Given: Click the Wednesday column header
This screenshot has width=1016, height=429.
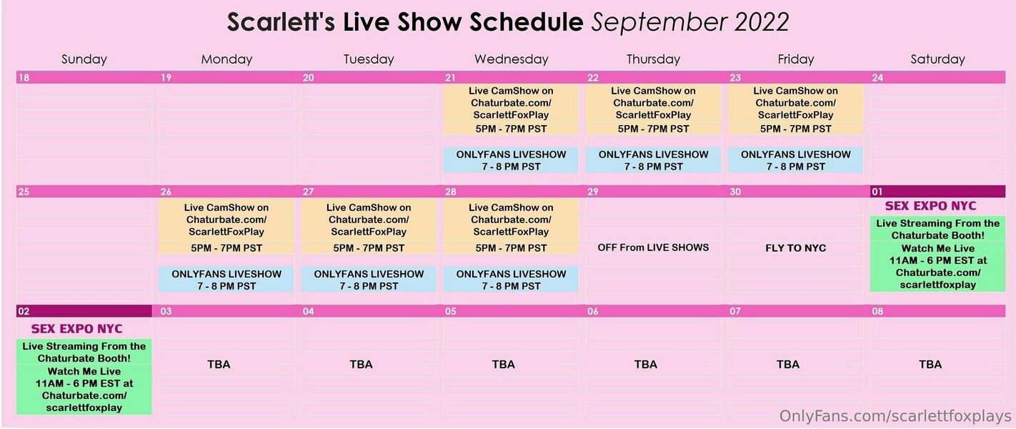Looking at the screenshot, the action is (x=511, y=59).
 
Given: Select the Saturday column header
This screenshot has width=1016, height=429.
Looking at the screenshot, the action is (x=937, y=59).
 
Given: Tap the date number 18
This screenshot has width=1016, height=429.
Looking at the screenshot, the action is (x=24, y=78).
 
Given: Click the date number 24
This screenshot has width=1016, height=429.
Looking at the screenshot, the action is (x=877, y=78).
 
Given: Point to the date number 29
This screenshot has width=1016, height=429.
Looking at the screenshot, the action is (x=593, y=192).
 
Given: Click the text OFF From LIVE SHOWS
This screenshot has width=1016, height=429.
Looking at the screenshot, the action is (x=653, y=247).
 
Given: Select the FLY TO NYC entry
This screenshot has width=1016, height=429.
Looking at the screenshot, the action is (x=795, y=248).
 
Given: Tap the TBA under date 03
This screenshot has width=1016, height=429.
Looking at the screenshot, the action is (x=219, y=365).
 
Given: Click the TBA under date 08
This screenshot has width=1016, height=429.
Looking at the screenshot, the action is (x=930, y=365).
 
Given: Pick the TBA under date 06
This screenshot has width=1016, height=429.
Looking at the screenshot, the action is (x=645, y=365).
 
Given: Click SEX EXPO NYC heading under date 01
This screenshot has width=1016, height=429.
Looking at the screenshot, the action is (x=930, y=206).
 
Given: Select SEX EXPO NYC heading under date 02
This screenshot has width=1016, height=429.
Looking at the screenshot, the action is (x=76, y=329).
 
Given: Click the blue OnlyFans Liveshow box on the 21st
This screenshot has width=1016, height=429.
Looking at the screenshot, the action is (x=511, y=159).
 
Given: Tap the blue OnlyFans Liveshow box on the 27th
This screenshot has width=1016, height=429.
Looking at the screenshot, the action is (x=368, y=279).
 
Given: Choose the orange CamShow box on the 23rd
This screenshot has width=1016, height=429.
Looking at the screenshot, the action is (x=795, y=109).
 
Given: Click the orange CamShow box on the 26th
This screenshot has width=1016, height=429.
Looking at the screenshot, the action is (x=226, y=226).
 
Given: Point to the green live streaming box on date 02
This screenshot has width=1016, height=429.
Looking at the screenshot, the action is (x=84, y=377).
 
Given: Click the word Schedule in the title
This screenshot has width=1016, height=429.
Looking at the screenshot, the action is (x=526, y=21).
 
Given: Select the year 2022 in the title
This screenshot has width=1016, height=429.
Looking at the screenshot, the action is (x=762, y=21).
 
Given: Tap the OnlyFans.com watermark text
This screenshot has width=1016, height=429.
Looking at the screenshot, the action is (x=895, y=416).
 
